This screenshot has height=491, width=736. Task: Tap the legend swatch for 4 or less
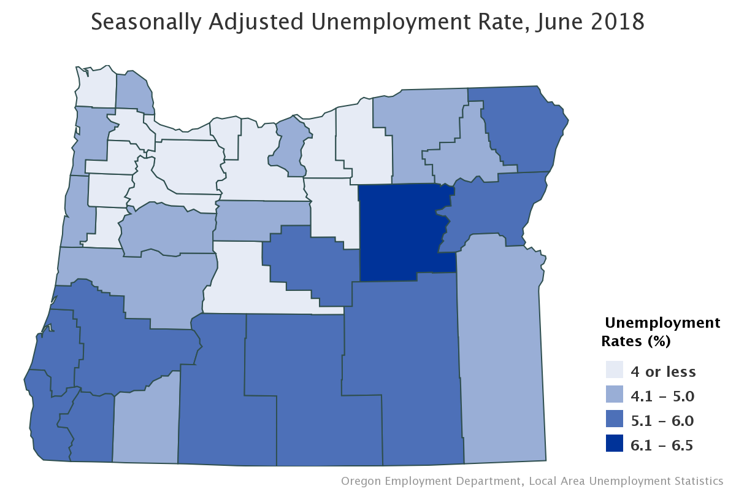(x=614, y=371)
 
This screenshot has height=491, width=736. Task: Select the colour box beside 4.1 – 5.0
(x=614, y=396)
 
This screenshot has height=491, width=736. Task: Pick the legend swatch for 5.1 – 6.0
(x=614, y=420)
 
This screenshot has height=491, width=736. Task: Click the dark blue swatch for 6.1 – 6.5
(x=614, y=445)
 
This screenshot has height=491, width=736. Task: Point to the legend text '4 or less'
(x=663, y=371)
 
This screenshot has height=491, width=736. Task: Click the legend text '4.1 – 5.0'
(x=662, y=396)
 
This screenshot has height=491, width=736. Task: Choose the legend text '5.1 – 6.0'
(x=662, y=421)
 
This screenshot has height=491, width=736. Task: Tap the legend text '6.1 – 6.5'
(x=662, y=446)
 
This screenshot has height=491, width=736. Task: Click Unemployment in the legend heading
(x=662, y=323)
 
